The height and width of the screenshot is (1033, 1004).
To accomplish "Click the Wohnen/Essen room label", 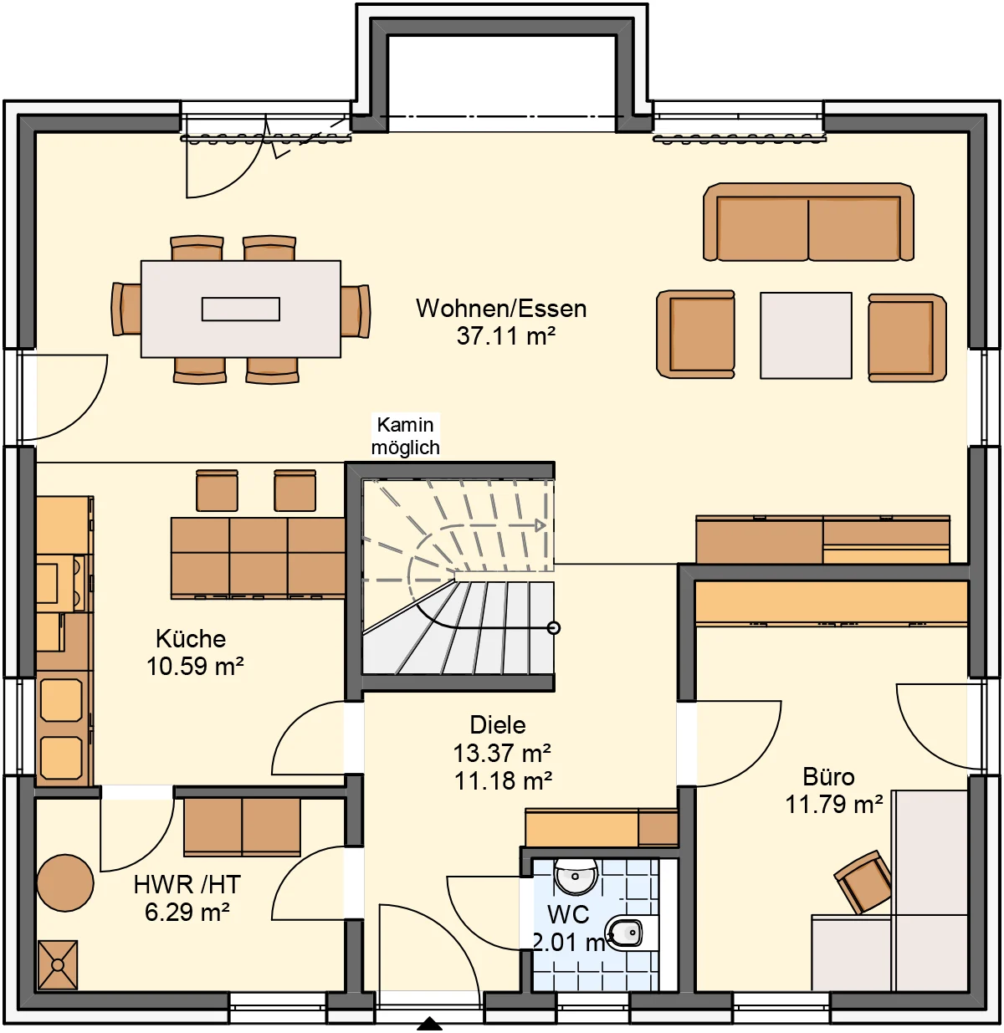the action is point(500,309).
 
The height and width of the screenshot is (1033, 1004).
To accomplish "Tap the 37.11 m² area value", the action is point(505,336).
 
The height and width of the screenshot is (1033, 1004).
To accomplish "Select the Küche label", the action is point(191,638).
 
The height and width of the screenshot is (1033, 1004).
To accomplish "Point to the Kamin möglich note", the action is point(406,436).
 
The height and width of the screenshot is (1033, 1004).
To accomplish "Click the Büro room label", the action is point(828,777).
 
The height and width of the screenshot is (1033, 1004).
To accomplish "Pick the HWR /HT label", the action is point(187,884).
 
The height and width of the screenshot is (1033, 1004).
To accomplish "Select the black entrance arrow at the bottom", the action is point(429,1025).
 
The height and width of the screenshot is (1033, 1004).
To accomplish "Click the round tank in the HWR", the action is point(65,882).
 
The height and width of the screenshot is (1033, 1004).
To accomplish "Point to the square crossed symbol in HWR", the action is point(58,964).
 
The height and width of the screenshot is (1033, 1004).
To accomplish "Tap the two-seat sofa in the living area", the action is point(808,222).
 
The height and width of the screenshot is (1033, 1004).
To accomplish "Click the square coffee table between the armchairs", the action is point(806,335).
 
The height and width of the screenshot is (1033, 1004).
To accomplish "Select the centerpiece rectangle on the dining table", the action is point(240,309).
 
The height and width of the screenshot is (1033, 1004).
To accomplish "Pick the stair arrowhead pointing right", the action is point(540,525).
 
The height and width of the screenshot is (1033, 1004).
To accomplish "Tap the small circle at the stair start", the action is point(553,628).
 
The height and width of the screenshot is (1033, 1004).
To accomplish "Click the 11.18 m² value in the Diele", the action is point(503,781).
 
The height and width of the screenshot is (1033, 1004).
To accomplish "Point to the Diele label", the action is point(498,725).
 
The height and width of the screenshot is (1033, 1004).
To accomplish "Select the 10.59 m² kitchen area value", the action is point(195,667).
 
